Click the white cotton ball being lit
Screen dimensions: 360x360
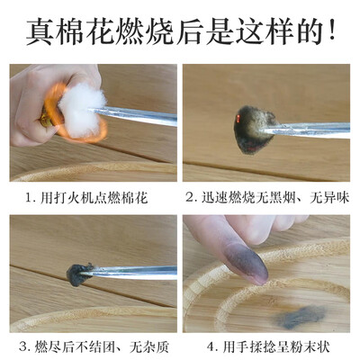tap(80, 110)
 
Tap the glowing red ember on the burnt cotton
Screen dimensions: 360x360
tap(238, 118)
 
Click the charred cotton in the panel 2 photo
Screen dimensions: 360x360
tap(254, 130)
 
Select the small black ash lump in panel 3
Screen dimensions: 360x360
tap(77, 274)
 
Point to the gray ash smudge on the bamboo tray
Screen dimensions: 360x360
tap(301, 317)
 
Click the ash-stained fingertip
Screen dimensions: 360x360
tap(245, 260)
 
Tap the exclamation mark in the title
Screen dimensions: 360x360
tap(331, 31)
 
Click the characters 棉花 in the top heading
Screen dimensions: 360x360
tap(86, 31)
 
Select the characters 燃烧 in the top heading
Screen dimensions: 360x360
tap(146, 31)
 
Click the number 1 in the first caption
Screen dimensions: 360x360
tap(29, 199)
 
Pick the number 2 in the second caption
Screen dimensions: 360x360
tap(189, 198)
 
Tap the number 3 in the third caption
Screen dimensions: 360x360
tap(23, 347)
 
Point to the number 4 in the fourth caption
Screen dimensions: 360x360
tap(211, 347)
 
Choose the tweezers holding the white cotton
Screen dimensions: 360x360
tap(133, 115)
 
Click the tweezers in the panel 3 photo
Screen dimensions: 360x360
tap(129, 272)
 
